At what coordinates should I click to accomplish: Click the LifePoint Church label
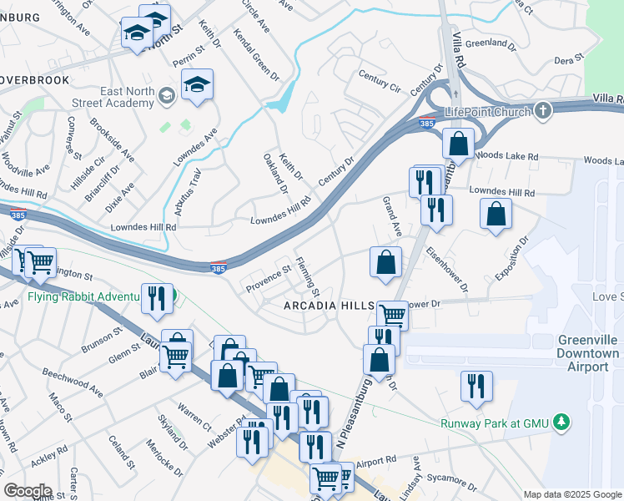click(x=487, y=111)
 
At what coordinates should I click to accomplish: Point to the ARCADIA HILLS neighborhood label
click(x=329, y=306)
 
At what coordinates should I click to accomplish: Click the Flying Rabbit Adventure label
click(x=79, y=296)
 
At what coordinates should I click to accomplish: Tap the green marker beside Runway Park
click(x=564, y=422)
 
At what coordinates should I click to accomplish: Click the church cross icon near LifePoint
click(x=543, y=110)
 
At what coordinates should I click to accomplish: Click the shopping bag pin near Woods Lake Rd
click(x=458, y=144)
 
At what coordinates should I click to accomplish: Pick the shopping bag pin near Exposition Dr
click(x=496, y=214)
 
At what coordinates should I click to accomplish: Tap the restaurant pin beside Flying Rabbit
click(x=157, y=298)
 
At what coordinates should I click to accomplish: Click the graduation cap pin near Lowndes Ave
click(x=198, y=85)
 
